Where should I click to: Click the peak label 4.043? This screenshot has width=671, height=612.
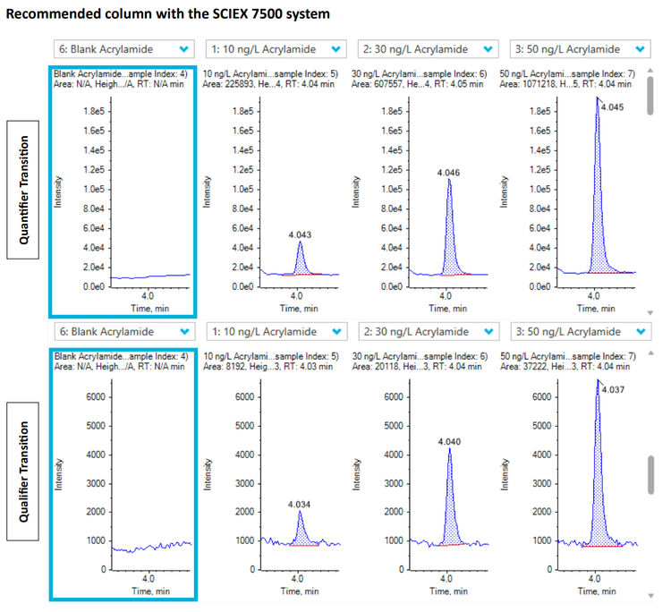tap(300, 234)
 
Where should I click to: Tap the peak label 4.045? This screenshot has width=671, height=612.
tap(613, 106)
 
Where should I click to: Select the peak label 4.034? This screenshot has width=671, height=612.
tap(300, 504)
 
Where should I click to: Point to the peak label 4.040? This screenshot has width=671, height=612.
tap(448, 441)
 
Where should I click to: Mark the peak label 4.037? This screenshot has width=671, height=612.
tap(613, 389)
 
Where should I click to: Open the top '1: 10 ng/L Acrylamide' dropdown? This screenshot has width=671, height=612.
tap(275, 49)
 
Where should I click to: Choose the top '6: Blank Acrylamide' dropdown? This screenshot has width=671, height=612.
tap(123, 49)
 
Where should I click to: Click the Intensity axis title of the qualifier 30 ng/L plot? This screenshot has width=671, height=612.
tap(359, 470)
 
